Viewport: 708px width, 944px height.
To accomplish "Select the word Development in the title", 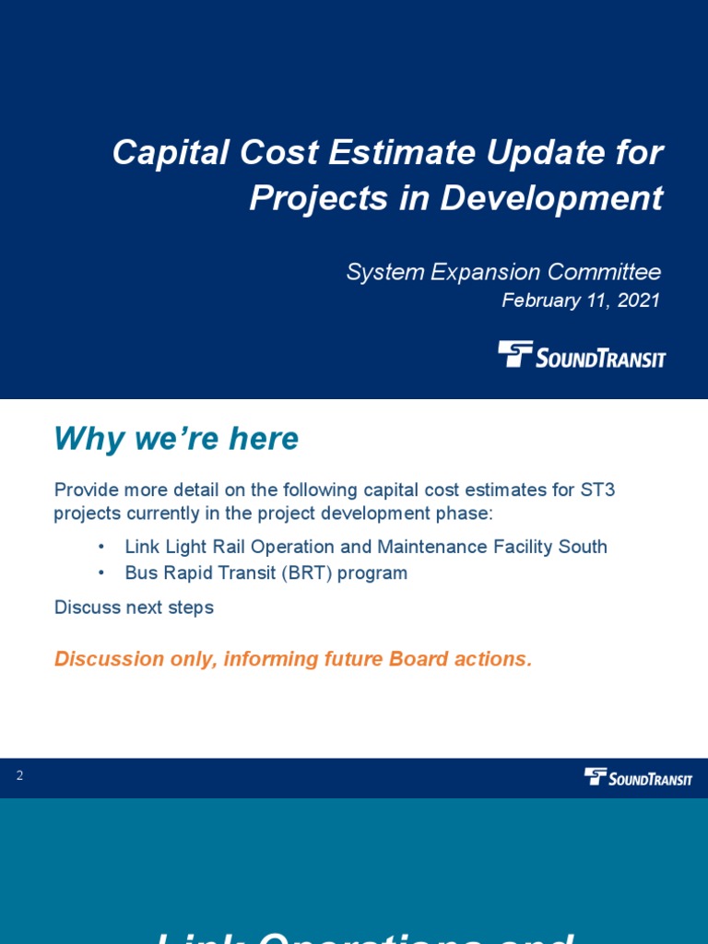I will (x=551, y=198).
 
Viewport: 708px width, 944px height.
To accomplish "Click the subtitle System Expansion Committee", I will (x=503, y=272).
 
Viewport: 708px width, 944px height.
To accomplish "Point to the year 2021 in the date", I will (x=638, y=301).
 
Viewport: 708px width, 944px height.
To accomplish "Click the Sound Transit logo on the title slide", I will (x=582, y=355).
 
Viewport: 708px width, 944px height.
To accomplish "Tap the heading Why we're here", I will (x=176, y=439).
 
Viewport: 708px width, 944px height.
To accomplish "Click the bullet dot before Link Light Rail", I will (x=100, y=548).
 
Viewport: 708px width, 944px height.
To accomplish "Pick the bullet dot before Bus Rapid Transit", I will (x=100, y=573).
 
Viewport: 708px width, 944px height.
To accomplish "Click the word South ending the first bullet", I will (x=583, y=547).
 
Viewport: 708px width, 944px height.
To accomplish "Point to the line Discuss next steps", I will (x=134, y=608).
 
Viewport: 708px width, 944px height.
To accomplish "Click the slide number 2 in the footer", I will (x=19, y=776).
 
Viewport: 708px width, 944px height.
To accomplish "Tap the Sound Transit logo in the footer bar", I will (x=638, y=777).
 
